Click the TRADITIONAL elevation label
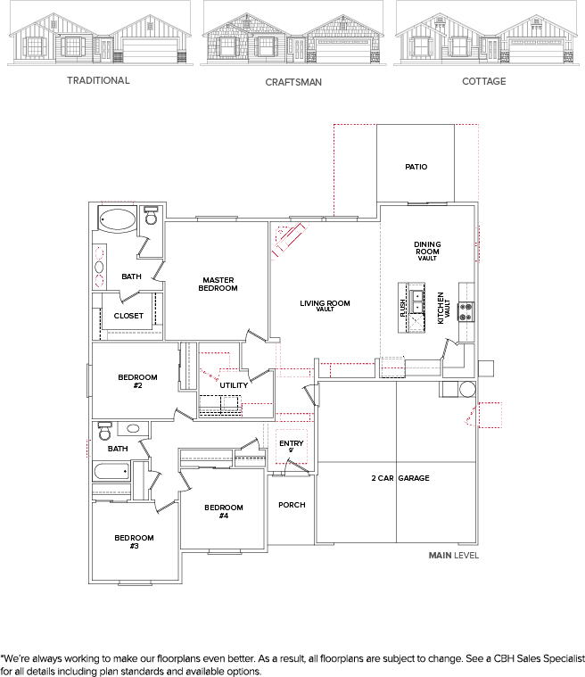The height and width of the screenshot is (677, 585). (98, 80)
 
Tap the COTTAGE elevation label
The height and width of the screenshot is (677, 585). (483, 81)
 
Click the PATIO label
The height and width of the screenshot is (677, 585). (416, 167)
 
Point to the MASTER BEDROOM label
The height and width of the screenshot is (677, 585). (218, 284)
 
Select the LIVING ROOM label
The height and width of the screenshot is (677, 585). (325, 305)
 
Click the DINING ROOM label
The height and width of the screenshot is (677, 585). (427, 251)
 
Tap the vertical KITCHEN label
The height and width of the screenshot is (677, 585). (441, 308)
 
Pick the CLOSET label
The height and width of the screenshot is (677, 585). (128, 316)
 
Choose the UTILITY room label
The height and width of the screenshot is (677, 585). (234, 385)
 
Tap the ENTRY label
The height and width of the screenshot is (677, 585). (291, 445)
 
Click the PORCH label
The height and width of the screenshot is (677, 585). (292, 505)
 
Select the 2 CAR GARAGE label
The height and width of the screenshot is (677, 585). (400, 478)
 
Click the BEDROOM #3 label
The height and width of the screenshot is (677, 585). (134, 541)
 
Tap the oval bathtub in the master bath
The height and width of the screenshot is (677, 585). (118, 219)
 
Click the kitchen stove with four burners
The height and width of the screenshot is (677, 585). (465, 311)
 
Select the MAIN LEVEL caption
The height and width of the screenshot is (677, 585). (454, 555)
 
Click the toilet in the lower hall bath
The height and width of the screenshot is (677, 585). (104, 432)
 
